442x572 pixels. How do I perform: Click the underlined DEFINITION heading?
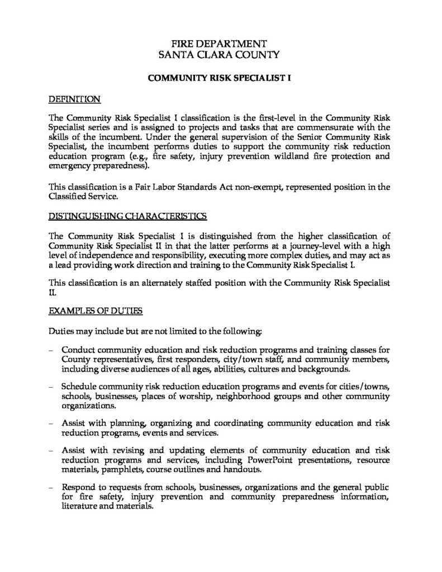coord(74,99)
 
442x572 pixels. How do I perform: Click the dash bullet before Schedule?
coord(51,387)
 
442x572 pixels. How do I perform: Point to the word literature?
coord(80,507)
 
